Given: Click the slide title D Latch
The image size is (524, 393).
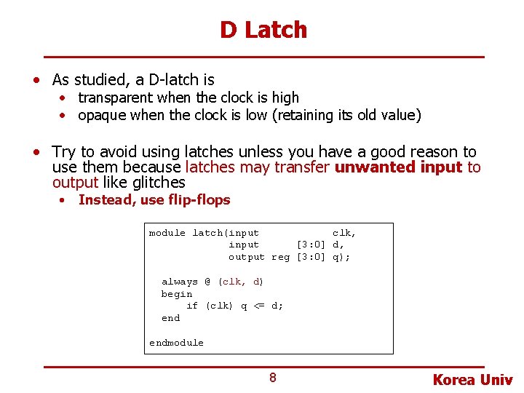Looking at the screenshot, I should [263, 30].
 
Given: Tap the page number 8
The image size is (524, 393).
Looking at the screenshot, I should [272, 377].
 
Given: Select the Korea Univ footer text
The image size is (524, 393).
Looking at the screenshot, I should [472, 380].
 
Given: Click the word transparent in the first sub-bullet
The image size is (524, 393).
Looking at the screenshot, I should [115, 98].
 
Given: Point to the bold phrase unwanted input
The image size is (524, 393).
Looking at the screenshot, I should [398, 167].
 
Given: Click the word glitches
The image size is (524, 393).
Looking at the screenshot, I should [158, 183].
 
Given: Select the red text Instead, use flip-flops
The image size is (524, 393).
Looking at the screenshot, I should [154, 200].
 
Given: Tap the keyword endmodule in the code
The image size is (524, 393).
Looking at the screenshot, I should [176, 343].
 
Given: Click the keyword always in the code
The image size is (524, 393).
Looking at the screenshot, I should [179, 282].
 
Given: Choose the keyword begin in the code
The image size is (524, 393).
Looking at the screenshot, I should [177, 294].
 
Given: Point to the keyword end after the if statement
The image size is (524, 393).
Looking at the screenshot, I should [170, 318].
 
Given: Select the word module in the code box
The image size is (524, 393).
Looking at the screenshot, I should [167, 233].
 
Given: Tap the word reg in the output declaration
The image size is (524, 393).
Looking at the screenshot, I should [280, 257].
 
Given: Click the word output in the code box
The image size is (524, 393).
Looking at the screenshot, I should [247, 257].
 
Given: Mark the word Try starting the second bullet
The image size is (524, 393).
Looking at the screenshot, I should [63, 152].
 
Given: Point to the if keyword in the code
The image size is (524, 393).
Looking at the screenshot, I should [192, 306].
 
